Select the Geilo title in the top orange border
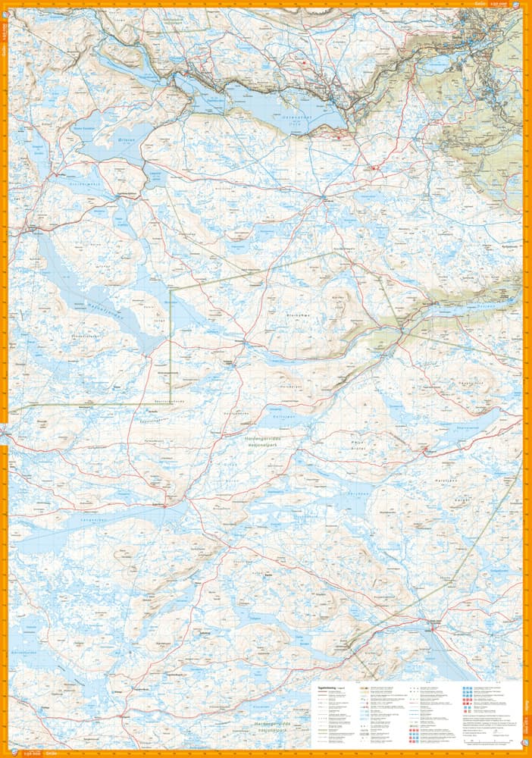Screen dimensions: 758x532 (479, 4)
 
